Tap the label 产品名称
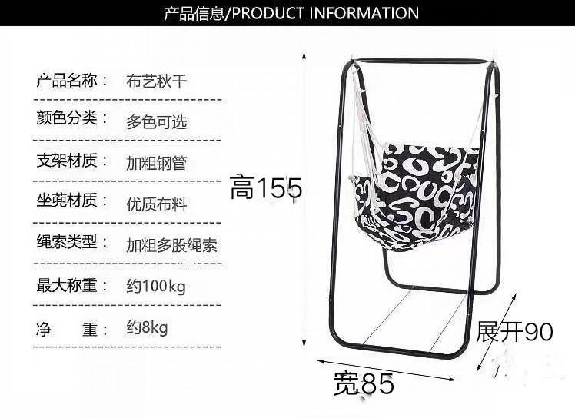68,80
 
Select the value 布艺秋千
156,81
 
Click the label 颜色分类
68,119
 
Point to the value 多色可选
156,121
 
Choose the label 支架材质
68,161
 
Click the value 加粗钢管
156,163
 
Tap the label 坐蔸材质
68,201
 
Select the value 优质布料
156,204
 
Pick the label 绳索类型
68,242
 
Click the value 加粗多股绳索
171,245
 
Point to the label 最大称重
68,285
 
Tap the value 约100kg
156,287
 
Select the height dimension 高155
265,187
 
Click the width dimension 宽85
364,383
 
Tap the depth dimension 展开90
515,331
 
